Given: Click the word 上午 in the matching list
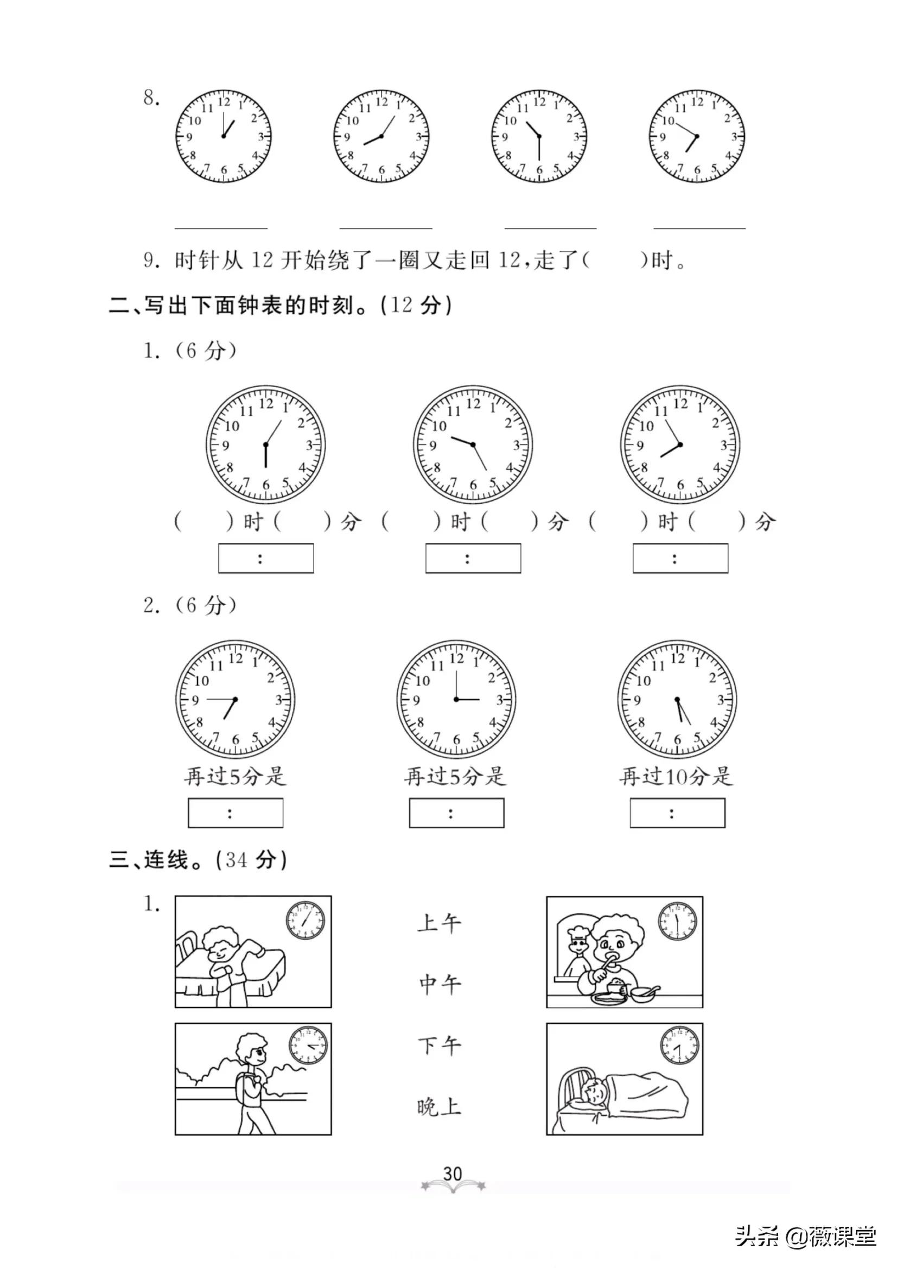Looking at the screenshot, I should pyautogui.click(x=438, y=923).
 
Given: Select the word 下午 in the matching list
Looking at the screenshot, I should pyautogui.click(x=438, y=1045).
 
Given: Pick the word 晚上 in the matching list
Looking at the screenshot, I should pyautogui.click(x=438, y=1107).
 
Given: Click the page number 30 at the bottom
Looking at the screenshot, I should pyautogui.click(x=453, y=1174).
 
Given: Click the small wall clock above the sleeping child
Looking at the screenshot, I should pyautogui.click(x=679, y=1045).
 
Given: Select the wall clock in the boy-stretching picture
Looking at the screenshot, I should pyautogui.click(x=305, y=921).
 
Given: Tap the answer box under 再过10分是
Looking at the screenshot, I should pyautogui.click(x=677, y=813).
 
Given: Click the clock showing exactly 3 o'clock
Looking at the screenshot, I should pyautogui.click(x=456, y=700).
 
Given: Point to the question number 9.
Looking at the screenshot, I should pyautogui.click(x=150, y=259).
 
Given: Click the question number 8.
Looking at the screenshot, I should pyautogui.click(x=150, y=98).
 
